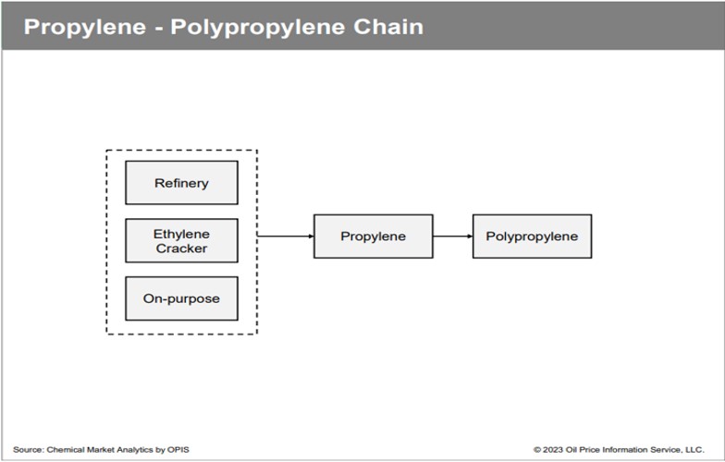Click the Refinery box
[181, 183]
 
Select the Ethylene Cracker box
[181, 240]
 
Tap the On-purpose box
[181, 298]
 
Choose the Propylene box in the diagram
[373, 237]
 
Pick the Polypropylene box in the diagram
[532, 237]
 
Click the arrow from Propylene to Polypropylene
[452, 237]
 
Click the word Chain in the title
[387, 26]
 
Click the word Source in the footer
[27, 449]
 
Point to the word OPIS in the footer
[178, 449]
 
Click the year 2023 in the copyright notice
[554, 449]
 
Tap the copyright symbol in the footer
[537, 449]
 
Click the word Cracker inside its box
[181, 249]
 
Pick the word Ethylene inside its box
[181, 234]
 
